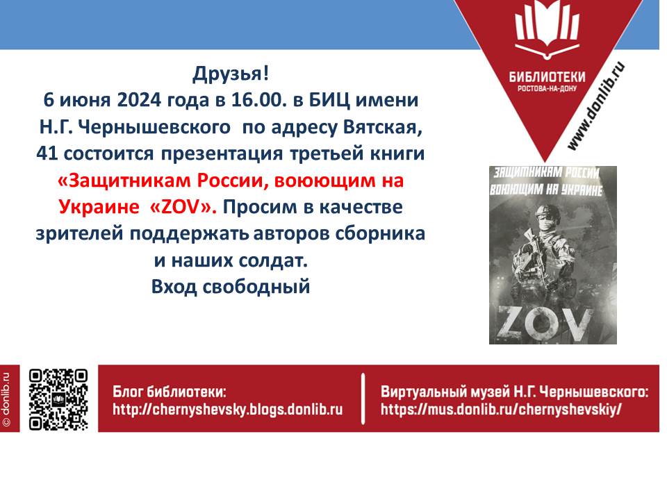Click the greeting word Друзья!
click(x=231, y=74)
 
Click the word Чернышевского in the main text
click(x=155, y=126)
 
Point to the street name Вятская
click(x=382, y=127)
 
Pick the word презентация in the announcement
click(x=222, y=153)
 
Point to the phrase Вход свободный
click(x=231, y=287)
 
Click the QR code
click(x=58, y=400)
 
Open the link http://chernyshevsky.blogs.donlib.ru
click(x=228, y=410)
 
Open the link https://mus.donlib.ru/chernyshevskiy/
click(x=501, y=410)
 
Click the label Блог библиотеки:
click(x=170, y=392)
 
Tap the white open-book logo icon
click(x=547, y=29)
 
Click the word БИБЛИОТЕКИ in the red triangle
click(x=547, y=77)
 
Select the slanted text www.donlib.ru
click(x=596, y=106)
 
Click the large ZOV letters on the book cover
click(x=545, y=322)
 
